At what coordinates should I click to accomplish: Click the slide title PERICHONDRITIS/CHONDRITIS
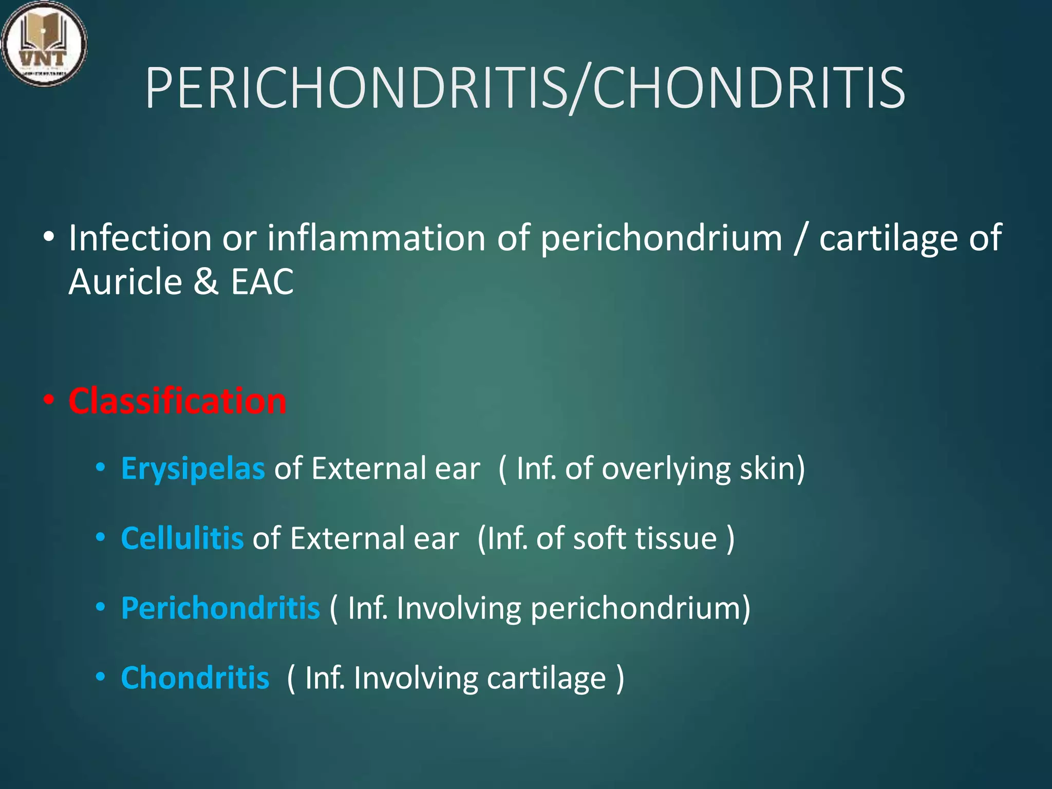[525, 88]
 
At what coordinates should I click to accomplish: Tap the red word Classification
[177, 401]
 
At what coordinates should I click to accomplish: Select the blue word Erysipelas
[193, 468]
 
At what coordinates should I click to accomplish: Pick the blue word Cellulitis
[182, 538]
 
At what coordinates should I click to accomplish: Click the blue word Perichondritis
[220, 608]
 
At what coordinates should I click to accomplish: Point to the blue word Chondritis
[195, 678]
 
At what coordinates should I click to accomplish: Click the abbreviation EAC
[262, 282]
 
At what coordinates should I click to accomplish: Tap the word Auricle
[125, 282]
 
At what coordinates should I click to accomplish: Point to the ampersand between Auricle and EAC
[206, 282]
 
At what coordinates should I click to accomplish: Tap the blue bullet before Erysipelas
[101, 468]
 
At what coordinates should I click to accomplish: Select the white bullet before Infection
[49, 237]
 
